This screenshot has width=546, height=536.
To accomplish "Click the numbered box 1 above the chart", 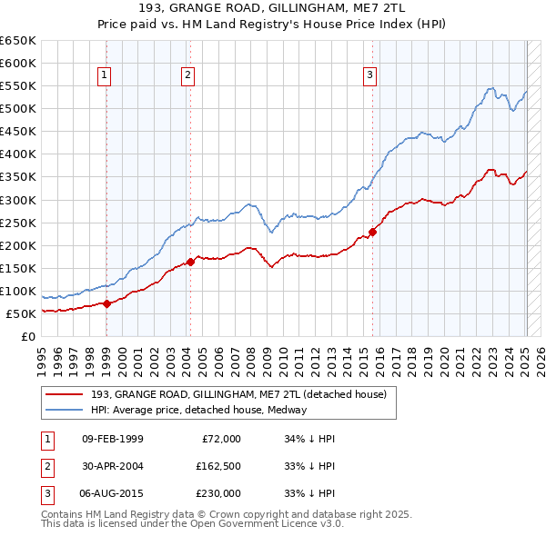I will (x=106, y=76).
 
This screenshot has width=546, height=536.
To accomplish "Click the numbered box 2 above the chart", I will (x=187, y=76).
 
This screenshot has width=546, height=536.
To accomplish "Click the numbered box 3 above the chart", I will (x=371, y=76).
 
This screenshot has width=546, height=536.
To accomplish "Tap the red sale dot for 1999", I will (x=106, y=303).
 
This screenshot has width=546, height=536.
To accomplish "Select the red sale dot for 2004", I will (x=190, y=262).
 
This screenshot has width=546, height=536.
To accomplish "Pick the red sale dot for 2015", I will (x=372, y=231).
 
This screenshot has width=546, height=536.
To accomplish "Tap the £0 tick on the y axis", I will (x=28, y=336).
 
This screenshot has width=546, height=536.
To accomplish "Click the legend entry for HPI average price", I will (x=198, y=410).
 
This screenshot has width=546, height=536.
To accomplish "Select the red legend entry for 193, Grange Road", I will (x=238, y=394).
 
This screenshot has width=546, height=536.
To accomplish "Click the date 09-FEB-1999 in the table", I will (x=113, y=439).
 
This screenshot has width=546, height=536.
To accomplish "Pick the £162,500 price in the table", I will (x=217, y=466).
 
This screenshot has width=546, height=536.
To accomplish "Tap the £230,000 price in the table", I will (x=217, y=493).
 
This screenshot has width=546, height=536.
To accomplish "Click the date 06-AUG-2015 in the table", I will (x=113, y=493).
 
